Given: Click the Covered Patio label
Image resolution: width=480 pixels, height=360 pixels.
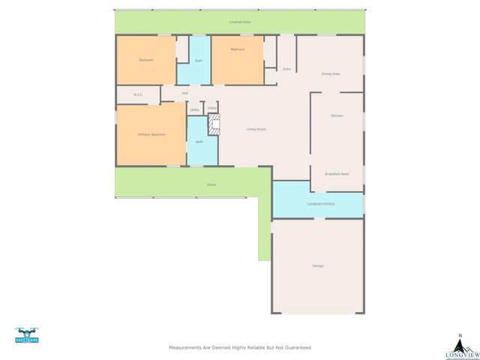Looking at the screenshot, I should point(240,22).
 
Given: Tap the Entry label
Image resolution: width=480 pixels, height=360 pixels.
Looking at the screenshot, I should point(286,69).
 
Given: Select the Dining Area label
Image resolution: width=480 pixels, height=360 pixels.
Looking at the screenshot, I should point(330,73).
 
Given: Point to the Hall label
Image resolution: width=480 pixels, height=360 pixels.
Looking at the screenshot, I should point(184,94).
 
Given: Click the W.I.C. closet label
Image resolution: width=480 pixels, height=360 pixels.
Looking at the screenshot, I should point(138,94).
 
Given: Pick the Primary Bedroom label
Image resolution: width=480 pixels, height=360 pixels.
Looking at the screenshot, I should point(151,134).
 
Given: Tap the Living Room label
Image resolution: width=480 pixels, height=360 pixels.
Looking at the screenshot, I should point(256,129).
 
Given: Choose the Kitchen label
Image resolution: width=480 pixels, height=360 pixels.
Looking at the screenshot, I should point(337,115).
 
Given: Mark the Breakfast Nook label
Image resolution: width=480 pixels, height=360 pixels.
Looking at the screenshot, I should point(337,173).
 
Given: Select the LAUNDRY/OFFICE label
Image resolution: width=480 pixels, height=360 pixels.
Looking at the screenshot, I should point(320,204).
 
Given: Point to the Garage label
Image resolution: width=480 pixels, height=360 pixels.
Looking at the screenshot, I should point(318,265).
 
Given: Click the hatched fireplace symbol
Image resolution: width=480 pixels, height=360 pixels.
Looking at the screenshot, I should point(214,124).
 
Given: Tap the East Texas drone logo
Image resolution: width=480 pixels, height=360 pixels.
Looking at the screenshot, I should point(26,335).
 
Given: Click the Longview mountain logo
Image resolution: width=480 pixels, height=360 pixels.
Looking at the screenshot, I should point(460,346).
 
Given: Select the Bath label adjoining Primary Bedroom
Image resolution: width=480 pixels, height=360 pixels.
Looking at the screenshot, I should point(199,142).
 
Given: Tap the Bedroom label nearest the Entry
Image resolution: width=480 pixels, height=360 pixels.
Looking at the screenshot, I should point(238,49).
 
